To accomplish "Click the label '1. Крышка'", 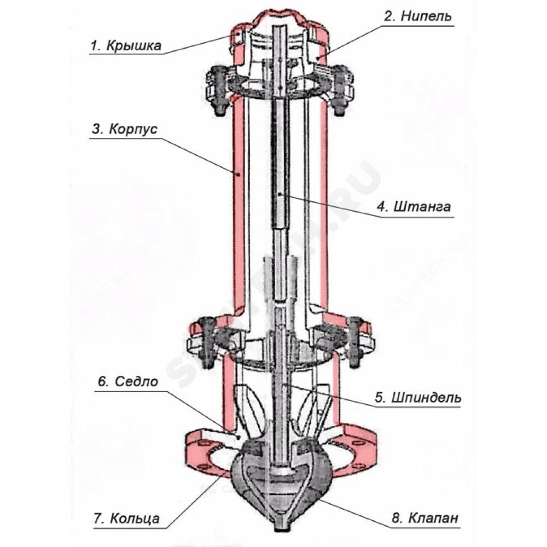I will point(126,45).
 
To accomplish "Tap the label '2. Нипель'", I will point(418,16).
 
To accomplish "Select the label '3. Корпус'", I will point(125,130).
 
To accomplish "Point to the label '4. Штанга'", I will point(415,207).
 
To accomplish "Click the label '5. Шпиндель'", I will point(418,397).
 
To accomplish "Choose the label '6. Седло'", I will point(128,381).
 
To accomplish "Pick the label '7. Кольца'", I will point(126,517).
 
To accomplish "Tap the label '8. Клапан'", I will point(424,517).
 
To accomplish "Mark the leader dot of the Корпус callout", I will point(238,175).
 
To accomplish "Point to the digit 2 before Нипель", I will point(388,16).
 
